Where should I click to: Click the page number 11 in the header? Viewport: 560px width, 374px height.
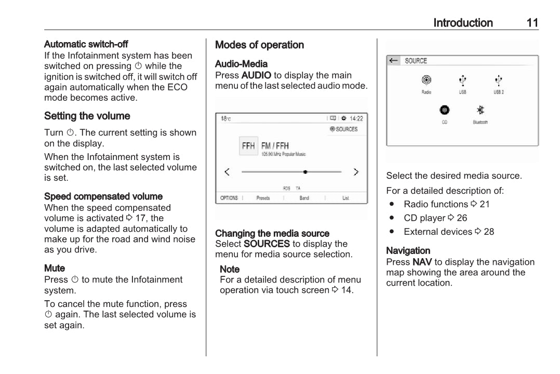coord(532,23)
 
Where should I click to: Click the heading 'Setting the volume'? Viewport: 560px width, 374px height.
coord(87,116)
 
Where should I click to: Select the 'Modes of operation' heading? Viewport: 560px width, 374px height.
coord(259,45)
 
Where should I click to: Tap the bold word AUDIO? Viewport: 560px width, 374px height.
coord(256,75)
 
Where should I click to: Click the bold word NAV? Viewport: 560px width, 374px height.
coord(422,262)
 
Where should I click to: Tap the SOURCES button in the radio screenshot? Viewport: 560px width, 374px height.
coord(344,129)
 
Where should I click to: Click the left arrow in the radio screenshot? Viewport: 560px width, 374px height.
coord(227,172)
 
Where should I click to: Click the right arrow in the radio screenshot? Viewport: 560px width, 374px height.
coord(356,172)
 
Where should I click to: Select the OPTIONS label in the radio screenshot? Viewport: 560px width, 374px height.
coord(229,198)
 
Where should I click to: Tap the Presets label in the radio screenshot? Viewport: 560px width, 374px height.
coord(263,198)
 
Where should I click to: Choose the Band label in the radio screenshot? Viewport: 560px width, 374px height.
coord(304,198)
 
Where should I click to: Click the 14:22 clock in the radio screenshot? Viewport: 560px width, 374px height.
coord(356,118)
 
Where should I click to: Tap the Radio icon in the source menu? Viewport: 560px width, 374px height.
coord(426,81)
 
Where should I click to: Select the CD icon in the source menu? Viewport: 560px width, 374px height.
coord(444,110)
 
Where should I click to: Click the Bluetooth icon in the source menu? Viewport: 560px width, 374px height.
coord(481,110)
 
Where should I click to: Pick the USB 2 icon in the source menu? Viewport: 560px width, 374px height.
coord(499,81)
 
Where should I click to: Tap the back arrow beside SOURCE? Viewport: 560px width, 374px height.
coord(394,61)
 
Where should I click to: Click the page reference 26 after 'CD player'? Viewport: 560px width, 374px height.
coord(461,218)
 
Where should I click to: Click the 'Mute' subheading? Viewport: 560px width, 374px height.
coord(55,269)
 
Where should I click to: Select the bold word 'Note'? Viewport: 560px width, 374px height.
coord(230,269)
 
